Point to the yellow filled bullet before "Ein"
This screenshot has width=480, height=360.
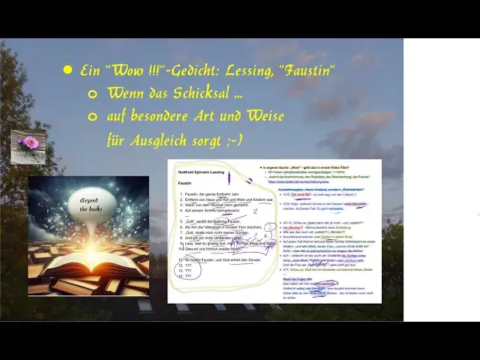(x=68, y=70)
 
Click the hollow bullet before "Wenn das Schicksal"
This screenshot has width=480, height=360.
(x=93, y=94)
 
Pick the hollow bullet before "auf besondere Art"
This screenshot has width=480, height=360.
(x=93, y=117)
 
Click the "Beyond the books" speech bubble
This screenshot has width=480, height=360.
(x=91, y=204)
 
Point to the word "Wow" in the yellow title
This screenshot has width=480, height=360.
(x=114, y=70)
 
